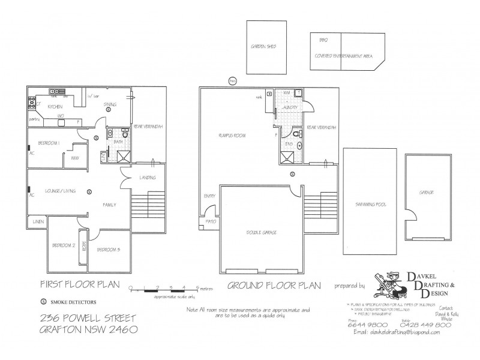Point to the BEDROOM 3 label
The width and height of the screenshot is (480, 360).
tap(110, 249)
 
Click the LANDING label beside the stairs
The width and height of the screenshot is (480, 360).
tap(148, 178)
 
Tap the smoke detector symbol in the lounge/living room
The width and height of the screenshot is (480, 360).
tap(89, 192)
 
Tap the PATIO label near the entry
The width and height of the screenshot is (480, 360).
tap(211, 220)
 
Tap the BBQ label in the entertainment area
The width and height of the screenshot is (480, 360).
tap(324, 40)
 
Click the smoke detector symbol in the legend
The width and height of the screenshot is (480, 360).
tap(43, 302)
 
